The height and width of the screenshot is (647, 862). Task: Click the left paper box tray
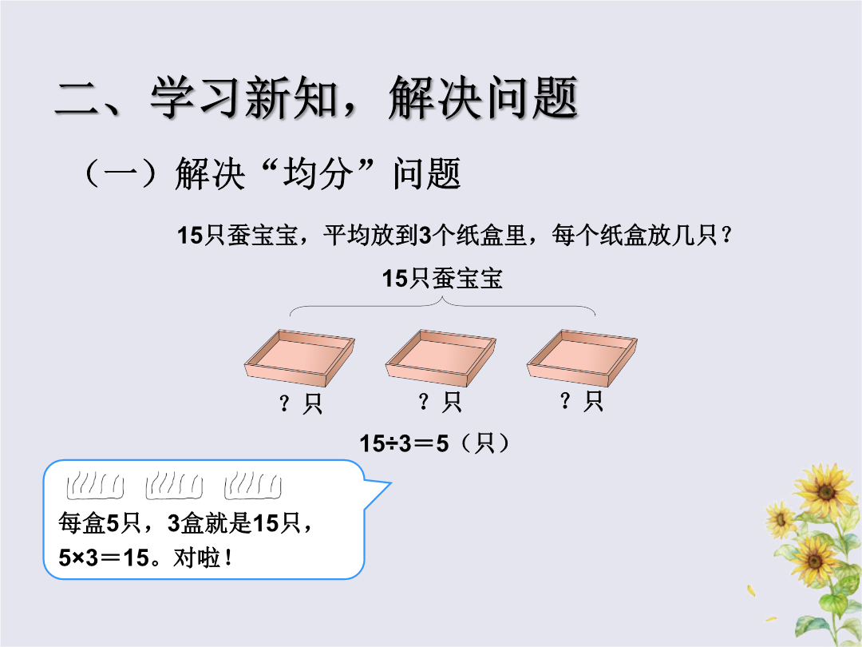click(x=299, y=358)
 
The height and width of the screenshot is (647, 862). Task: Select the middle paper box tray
click(x=441, y=358)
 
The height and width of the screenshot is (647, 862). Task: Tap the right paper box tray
click(x=582, y=358)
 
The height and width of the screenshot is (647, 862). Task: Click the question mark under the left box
click(x=284, y=403)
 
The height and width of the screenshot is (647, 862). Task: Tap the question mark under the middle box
click(x=423, y=402)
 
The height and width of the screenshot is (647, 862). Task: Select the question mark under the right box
click(x=564, y=400)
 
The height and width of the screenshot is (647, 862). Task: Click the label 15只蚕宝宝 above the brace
click(x=442, y=279)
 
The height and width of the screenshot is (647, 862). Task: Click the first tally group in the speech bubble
click(x=95, y=485)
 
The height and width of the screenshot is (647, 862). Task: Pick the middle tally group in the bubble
click(x=174, y=485)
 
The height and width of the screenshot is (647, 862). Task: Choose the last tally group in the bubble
click(x=253, y=485)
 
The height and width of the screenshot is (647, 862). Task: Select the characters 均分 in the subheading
click(x=317, y=173)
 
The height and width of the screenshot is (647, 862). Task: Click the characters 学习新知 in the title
click(x=244, y=98)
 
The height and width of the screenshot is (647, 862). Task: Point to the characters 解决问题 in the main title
click(x=483, y=98)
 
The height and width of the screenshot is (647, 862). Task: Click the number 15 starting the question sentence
click(x=190, y=236)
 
